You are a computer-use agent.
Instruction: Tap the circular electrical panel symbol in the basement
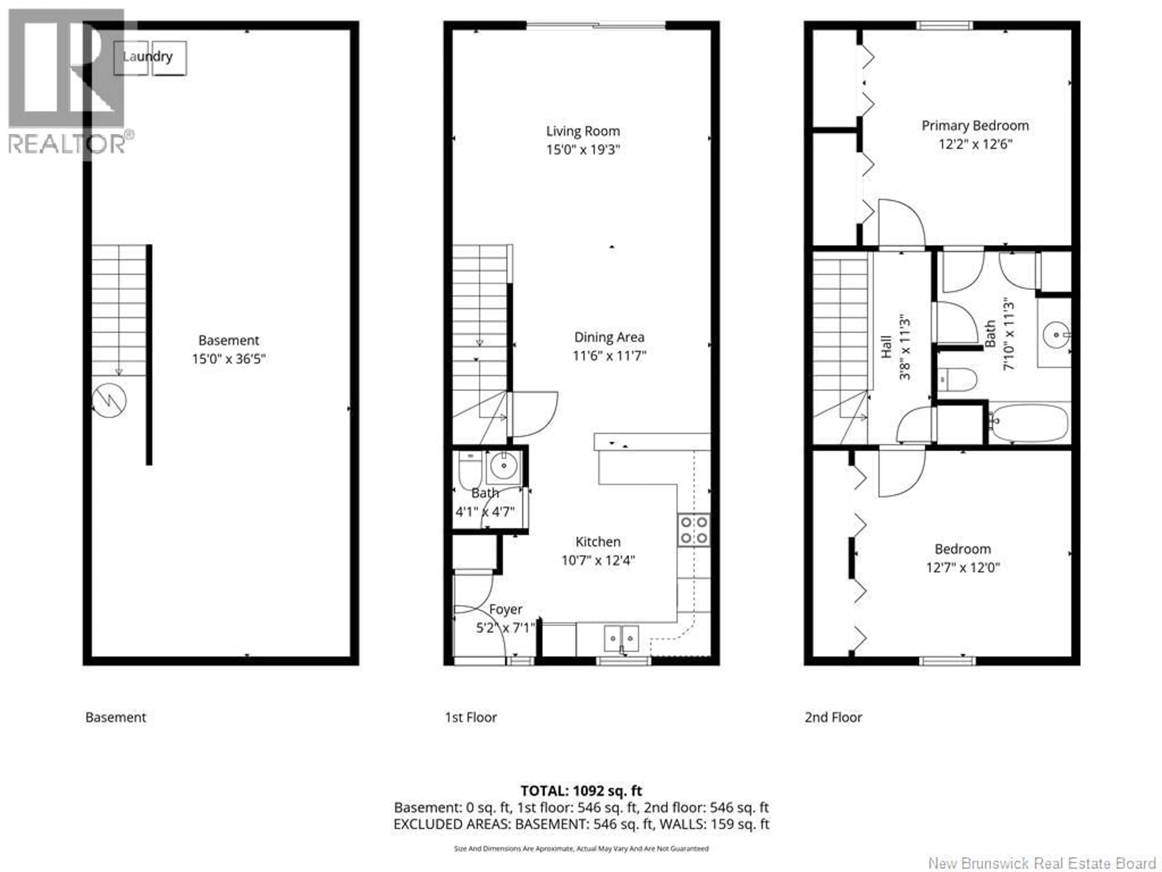click(109, 401)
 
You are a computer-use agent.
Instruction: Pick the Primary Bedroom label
click(975, 126)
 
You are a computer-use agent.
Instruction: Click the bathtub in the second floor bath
click(1029, 423)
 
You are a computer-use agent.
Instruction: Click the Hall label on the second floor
click(887, 347)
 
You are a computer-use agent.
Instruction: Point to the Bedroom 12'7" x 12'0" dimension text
click(962, 568)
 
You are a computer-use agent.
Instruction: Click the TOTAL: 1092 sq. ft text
click(581, 791)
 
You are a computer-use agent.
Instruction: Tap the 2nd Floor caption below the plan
click(833, 718)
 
